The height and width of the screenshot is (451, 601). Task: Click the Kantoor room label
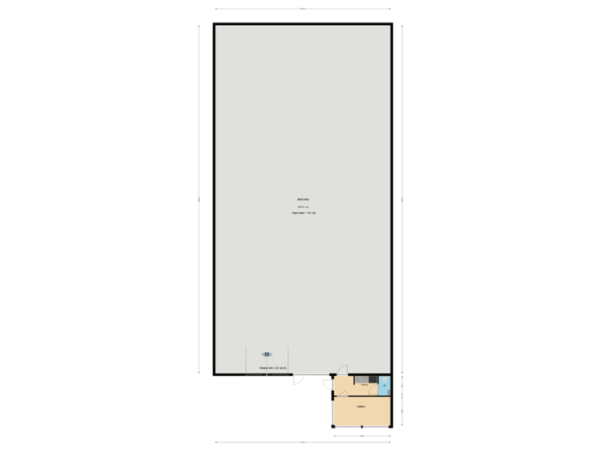(361, 407)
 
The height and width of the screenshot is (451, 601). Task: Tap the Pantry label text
(364, 385)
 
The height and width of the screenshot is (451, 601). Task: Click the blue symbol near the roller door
(267, 354)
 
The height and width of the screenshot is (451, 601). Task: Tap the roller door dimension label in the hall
(273, 368)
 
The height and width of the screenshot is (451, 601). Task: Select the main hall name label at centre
(303, 199)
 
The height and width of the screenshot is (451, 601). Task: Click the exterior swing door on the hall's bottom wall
(297, 381)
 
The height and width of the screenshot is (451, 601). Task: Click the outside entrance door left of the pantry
(328, 385)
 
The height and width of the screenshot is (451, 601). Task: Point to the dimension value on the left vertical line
(199, 199)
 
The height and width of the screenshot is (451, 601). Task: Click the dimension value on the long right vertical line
(402, 199)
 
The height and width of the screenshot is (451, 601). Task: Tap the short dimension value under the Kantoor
(361, 435)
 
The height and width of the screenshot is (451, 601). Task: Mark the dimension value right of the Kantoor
(402, 410)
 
